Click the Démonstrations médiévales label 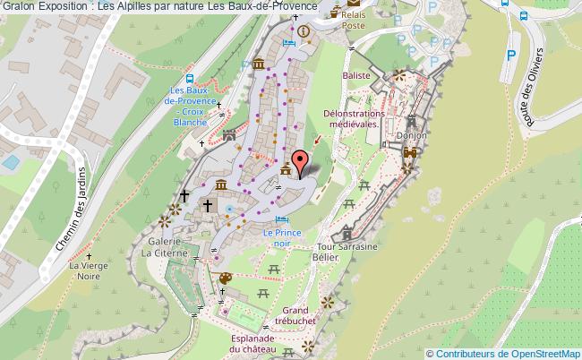coord(354,119)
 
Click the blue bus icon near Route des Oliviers coord(504,4)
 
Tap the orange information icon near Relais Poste coord(304,32)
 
